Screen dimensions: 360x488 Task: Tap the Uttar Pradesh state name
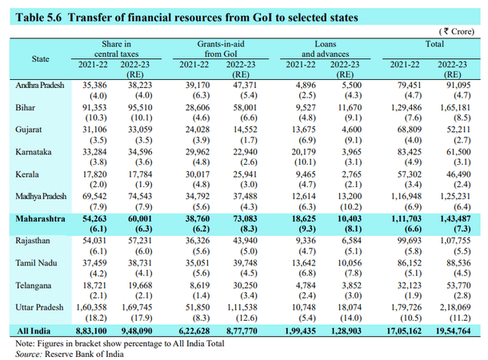click(37, 307)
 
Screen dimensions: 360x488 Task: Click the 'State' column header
click(40, 58)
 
